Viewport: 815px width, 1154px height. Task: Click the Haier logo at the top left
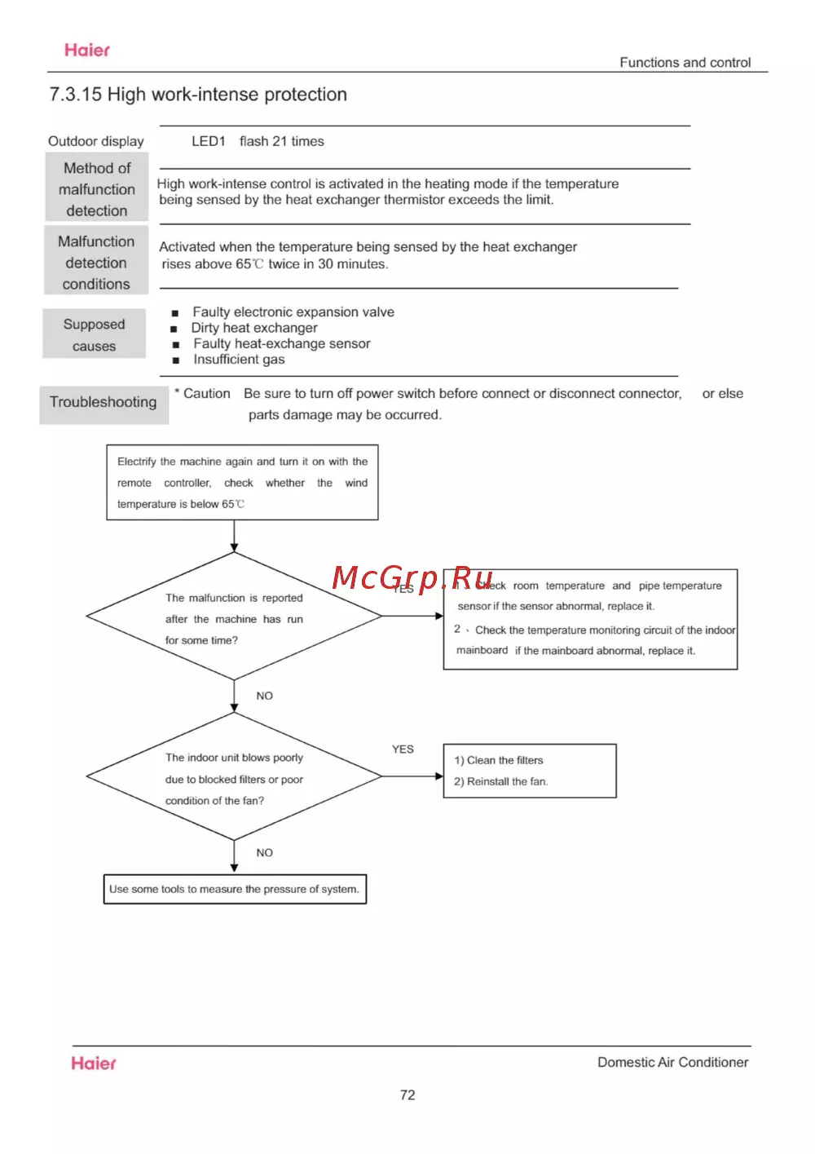(86, 51)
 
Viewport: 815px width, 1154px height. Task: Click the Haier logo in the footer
(93, 1063)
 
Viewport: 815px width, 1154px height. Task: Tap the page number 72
(407, 1094)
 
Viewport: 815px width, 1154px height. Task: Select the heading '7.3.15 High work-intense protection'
(198, 95)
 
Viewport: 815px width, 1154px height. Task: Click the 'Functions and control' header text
(685, 63)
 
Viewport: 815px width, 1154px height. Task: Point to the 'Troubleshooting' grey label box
(104, 403)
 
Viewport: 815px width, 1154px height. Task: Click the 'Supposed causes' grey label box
(95, 334)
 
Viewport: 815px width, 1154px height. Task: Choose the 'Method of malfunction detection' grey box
(97, 188)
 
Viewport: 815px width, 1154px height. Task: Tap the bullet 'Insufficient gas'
(239, 360)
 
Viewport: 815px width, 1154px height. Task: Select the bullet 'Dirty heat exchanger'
(254, 328)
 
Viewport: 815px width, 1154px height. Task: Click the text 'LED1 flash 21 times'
(258, 141)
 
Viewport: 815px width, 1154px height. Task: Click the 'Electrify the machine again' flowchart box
(242, 483)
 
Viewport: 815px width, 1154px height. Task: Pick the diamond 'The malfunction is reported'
(234, 617)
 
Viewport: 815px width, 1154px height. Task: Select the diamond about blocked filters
(234, 777)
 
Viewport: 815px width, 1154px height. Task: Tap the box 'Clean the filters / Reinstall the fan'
(529, 771)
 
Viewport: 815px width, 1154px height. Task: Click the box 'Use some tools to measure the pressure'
(235, 889)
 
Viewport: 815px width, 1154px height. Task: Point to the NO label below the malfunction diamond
(265, 696)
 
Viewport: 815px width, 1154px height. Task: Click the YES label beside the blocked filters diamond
(403, 749)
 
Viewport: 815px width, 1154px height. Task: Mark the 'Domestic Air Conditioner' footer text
(672, 1062)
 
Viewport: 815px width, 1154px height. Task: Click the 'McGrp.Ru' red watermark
(412, 577)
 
